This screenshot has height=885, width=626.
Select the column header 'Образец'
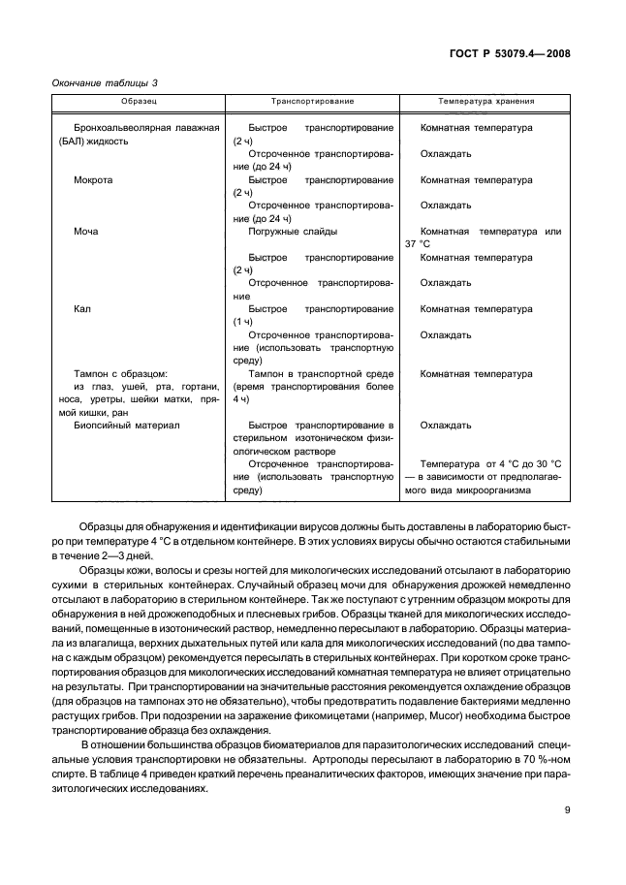140,101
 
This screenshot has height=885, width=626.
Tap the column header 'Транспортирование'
312,101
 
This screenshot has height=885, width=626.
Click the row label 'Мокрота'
93,179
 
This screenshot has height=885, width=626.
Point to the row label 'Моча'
86,232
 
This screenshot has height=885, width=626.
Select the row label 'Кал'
82,309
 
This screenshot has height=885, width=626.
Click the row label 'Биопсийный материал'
121,425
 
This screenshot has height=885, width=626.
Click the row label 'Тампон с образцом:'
121,373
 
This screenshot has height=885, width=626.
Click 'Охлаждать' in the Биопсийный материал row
446,425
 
